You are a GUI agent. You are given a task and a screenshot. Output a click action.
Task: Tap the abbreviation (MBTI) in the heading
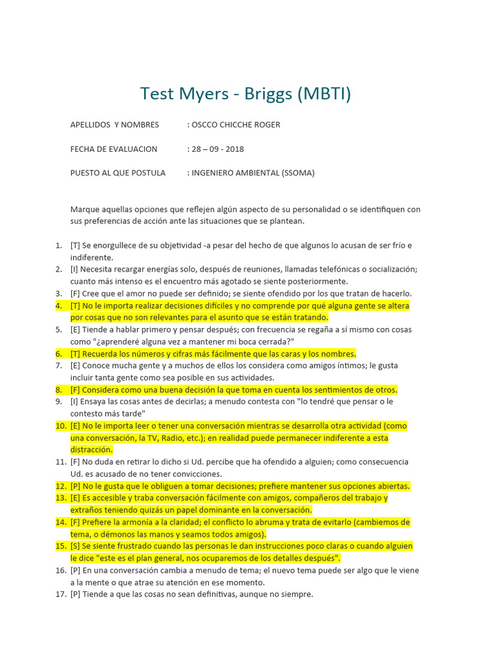(324, 94)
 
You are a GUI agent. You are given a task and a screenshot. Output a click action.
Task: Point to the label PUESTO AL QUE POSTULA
(118, 173)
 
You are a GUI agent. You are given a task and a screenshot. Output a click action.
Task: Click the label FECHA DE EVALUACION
(113, 149)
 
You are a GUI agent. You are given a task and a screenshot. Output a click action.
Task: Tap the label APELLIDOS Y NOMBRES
(115, 124)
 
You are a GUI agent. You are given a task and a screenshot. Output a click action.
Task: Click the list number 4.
(58, 306)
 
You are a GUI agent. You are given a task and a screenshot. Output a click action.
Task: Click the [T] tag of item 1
(76, 245)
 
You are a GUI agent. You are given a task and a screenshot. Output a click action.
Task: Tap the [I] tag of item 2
(75, 270)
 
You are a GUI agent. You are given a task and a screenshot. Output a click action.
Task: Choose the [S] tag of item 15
(76, 546)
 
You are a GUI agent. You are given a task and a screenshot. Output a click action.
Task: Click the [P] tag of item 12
(76, 486)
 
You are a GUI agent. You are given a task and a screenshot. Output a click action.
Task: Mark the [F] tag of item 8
(76, 389)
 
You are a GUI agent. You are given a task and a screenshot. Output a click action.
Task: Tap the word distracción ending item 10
(94, 450)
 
